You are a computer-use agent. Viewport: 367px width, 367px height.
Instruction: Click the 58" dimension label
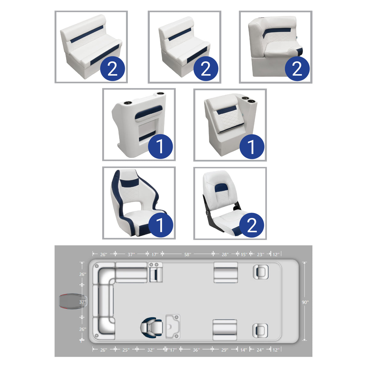tap(188, 255)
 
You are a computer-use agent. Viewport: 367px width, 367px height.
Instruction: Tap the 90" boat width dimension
tap(305, 302)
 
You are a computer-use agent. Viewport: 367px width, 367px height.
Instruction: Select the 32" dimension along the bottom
tap(151, 350)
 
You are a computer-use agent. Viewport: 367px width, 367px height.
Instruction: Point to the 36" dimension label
tap(196, 350)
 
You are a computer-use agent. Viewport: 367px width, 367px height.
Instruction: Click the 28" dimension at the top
tap(225, 255)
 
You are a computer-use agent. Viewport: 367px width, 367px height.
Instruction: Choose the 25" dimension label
tap(126, 350)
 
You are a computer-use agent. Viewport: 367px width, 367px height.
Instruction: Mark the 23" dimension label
tap(260, 255)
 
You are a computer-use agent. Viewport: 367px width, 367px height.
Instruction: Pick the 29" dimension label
tap(225, 350)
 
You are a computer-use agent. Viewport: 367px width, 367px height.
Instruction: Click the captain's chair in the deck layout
tap(151, 327)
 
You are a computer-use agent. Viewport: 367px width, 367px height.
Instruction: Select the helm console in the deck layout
tap(173, 326)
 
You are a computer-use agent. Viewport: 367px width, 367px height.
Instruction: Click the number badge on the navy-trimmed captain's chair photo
tap(160, 225)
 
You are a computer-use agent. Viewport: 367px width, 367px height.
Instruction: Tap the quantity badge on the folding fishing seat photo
tap(252, 225)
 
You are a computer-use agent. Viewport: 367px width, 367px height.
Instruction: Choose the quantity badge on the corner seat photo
tap(297, 69)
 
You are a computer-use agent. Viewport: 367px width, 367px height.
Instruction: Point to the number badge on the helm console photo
tap(160, 147)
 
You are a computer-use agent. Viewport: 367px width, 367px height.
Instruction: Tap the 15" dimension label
tap(244, 255)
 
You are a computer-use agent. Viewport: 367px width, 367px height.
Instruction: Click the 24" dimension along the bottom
tap(260, 350)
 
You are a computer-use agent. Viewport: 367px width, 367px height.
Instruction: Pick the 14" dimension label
tap(243, 350)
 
